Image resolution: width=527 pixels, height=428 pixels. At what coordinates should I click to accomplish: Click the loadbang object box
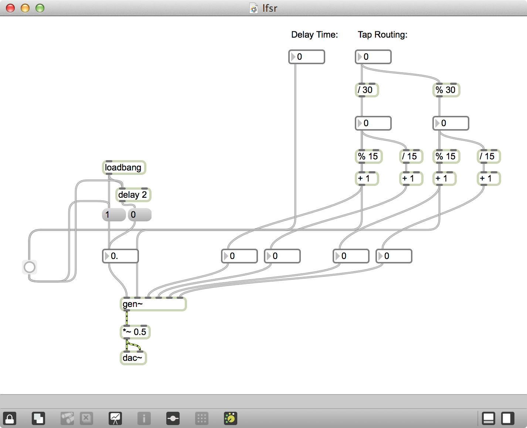(124, 168)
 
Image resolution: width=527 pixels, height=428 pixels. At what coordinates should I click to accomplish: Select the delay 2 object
(133, 195)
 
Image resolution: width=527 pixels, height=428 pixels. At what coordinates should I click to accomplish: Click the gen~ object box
(153, 304)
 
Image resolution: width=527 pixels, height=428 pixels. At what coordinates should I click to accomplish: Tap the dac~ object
(133, 358)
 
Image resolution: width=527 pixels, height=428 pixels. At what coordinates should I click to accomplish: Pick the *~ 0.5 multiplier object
(135, 332)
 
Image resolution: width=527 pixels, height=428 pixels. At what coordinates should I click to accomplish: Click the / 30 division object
(366, 90)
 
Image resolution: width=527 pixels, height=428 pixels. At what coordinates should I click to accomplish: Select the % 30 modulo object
(446, 90)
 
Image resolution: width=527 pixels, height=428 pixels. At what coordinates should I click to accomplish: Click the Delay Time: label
(314, 35)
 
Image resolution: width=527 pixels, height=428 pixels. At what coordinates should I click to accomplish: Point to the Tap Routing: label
(382, 35)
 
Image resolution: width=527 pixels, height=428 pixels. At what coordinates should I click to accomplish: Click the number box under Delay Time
(307, 57)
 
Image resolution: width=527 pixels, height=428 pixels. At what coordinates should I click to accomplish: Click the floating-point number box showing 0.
(120, 256)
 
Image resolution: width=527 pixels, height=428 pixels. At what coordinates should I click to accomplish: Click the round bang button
(30, 267)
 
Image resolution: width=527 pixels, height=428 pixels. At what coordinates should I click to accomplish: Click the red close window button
(10, 8)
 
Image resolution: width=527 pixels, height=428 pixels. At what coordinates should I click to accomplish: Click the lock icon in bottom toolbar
(10, 418)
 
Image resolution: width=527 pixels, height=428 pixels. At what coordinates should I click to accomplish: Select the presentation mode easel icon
(115, 418)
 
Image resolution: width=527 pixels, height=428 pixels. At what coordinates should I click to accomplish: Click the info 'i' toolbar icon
(144, 418)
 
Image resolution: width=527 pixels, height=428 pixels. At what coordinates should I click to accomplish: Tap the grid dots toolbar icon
(202, 418)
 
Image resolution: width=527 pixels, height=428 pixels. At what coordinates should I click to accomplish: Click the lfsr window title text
(270, 8)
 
